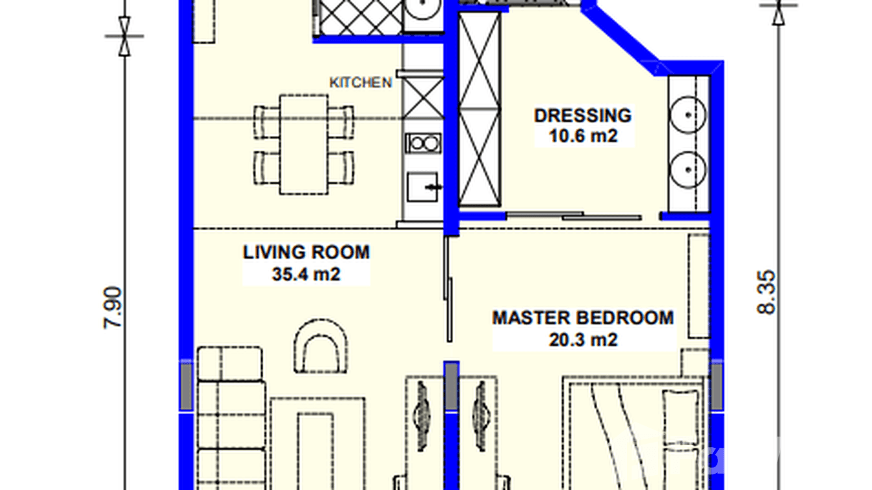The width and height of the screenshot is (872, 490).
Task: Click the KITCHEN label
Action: pos(361,83)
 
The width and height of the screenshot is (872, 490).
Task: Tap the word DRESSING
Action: pos(582,115)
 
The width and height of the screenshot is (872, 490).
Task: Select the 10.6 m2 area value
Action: pos(582,136)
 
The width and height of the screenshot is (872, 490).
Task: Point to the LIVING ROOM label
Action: pos(306,252)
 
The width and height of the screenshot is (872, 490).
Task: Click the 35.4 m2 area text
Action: pos(306,274)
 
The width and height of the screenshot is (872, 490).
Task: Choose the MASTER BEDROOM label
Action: pos(583,318)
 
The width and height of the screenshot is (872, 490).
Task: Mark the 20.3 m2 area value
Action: pos(583,339)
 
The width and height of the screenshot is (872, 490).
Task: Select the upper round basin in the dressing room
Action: pos(687,111)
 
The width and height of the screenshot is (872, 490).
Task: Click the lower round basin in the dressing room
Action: pos(687,166)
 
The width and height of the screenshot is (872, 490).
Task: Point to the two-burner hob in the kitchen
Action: pos(422,142)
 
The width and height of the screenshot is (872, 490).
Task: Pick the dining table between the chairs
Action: pos(303,144)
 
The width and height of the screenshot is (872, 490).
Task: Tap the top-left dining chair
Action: pos(266,122)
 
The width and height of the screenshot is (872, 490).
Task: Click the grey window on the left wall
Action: pos(186,387)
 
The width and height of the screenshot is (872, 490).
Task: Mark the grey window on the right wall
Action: pos(717,387)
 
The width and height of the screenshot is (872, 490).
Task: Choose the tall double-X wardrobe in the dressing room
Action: pos(480,109)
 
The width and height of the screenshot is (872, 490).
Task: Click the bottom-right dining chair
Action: pos(340,167)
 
